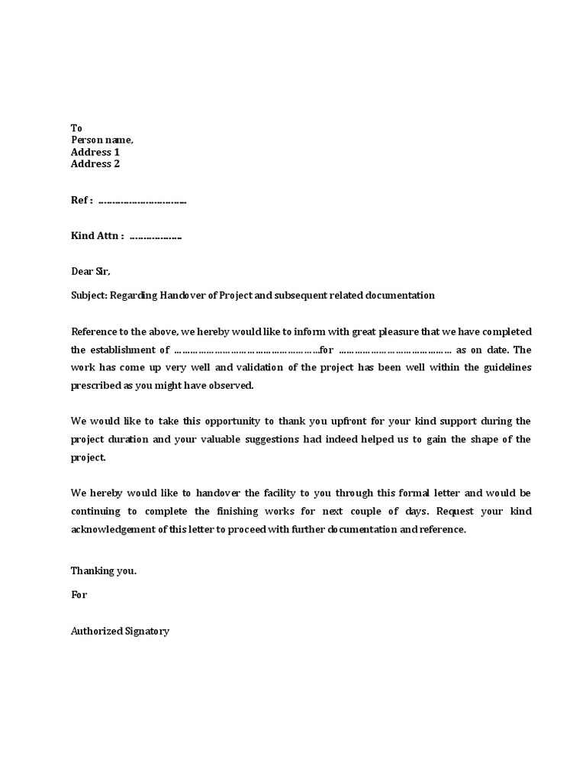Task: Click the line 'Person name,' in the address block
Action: (x=101, y=140)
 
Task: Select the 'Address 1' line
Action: (x=95, y=152)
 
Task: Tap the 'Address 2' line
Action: (x=95, y=163)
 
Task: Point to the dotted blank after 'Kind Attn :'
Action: (x=156, y=237)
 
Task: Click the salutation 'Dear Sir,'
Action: (x=91, y=271)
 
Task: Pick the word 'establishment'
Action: (x=126, y=350)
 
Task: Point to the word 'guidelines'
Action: (x=504, y=367)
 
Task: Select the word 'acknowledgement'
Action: (x=115, y=529)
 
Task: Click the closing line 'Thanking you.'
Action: (x=104, y=570)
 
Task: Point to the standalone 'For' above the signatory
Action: (x=79, y=594)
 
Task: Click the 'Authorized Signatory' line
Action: (x=120, y=632)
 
